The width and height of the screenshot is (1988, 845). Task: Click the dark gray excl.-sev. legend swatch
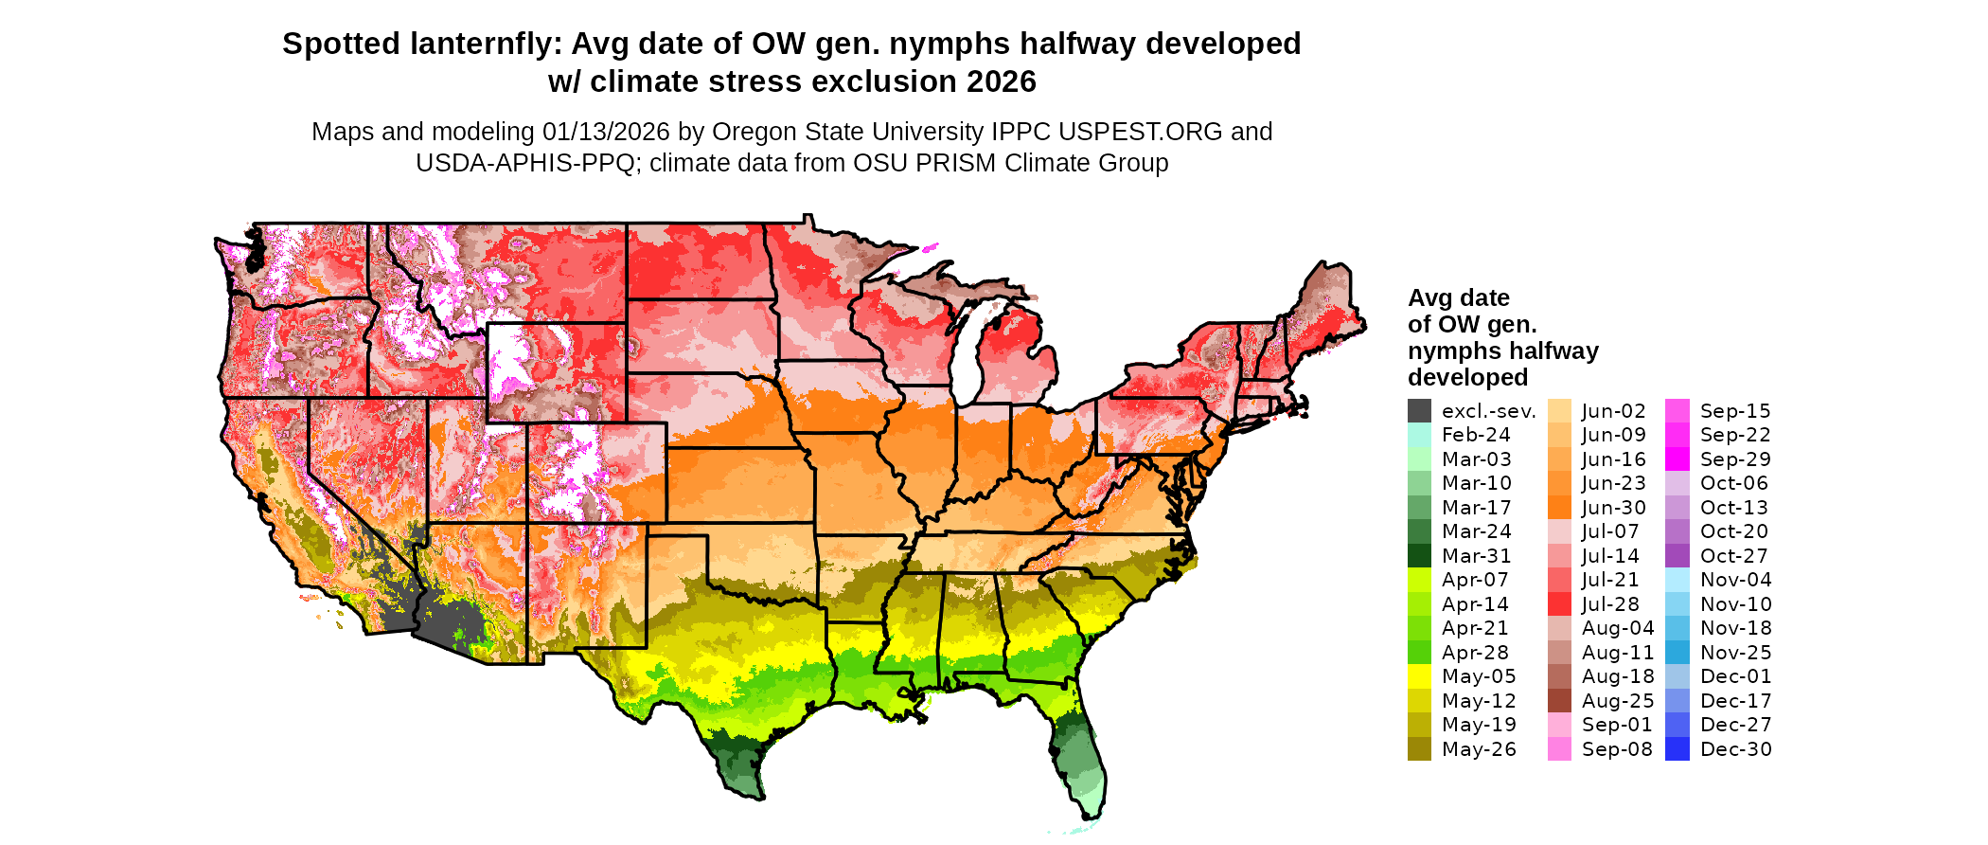[1419, 411]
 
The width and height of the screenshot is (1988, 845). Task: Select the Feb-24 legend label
[1476, 435]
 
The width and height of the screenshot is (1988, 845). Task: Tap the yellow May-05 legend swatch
[1419, 676]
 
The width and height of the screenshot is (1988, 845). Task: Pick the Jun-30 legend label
[1613, 508]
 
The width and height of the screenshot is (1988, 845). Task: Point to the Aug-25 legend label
[1617, 701]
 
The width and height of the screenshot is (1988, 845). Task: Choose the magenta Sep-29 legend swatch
[1677, 459]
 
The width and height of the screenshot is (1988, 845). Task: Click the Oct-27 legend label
[1733, 556]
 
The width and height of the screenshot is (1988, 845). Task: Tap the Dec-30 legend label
[1735, 749]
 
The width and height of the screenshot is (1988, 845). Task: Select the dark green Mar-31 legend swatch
[1419, 556]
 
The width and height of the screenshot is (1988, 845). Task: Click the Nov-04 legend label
[1735, 580]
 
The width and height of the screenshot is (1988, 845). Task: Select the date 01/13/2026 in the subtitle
[606, 132]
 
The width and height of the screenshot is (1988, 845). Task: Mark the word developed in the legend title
[1467, 377]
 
